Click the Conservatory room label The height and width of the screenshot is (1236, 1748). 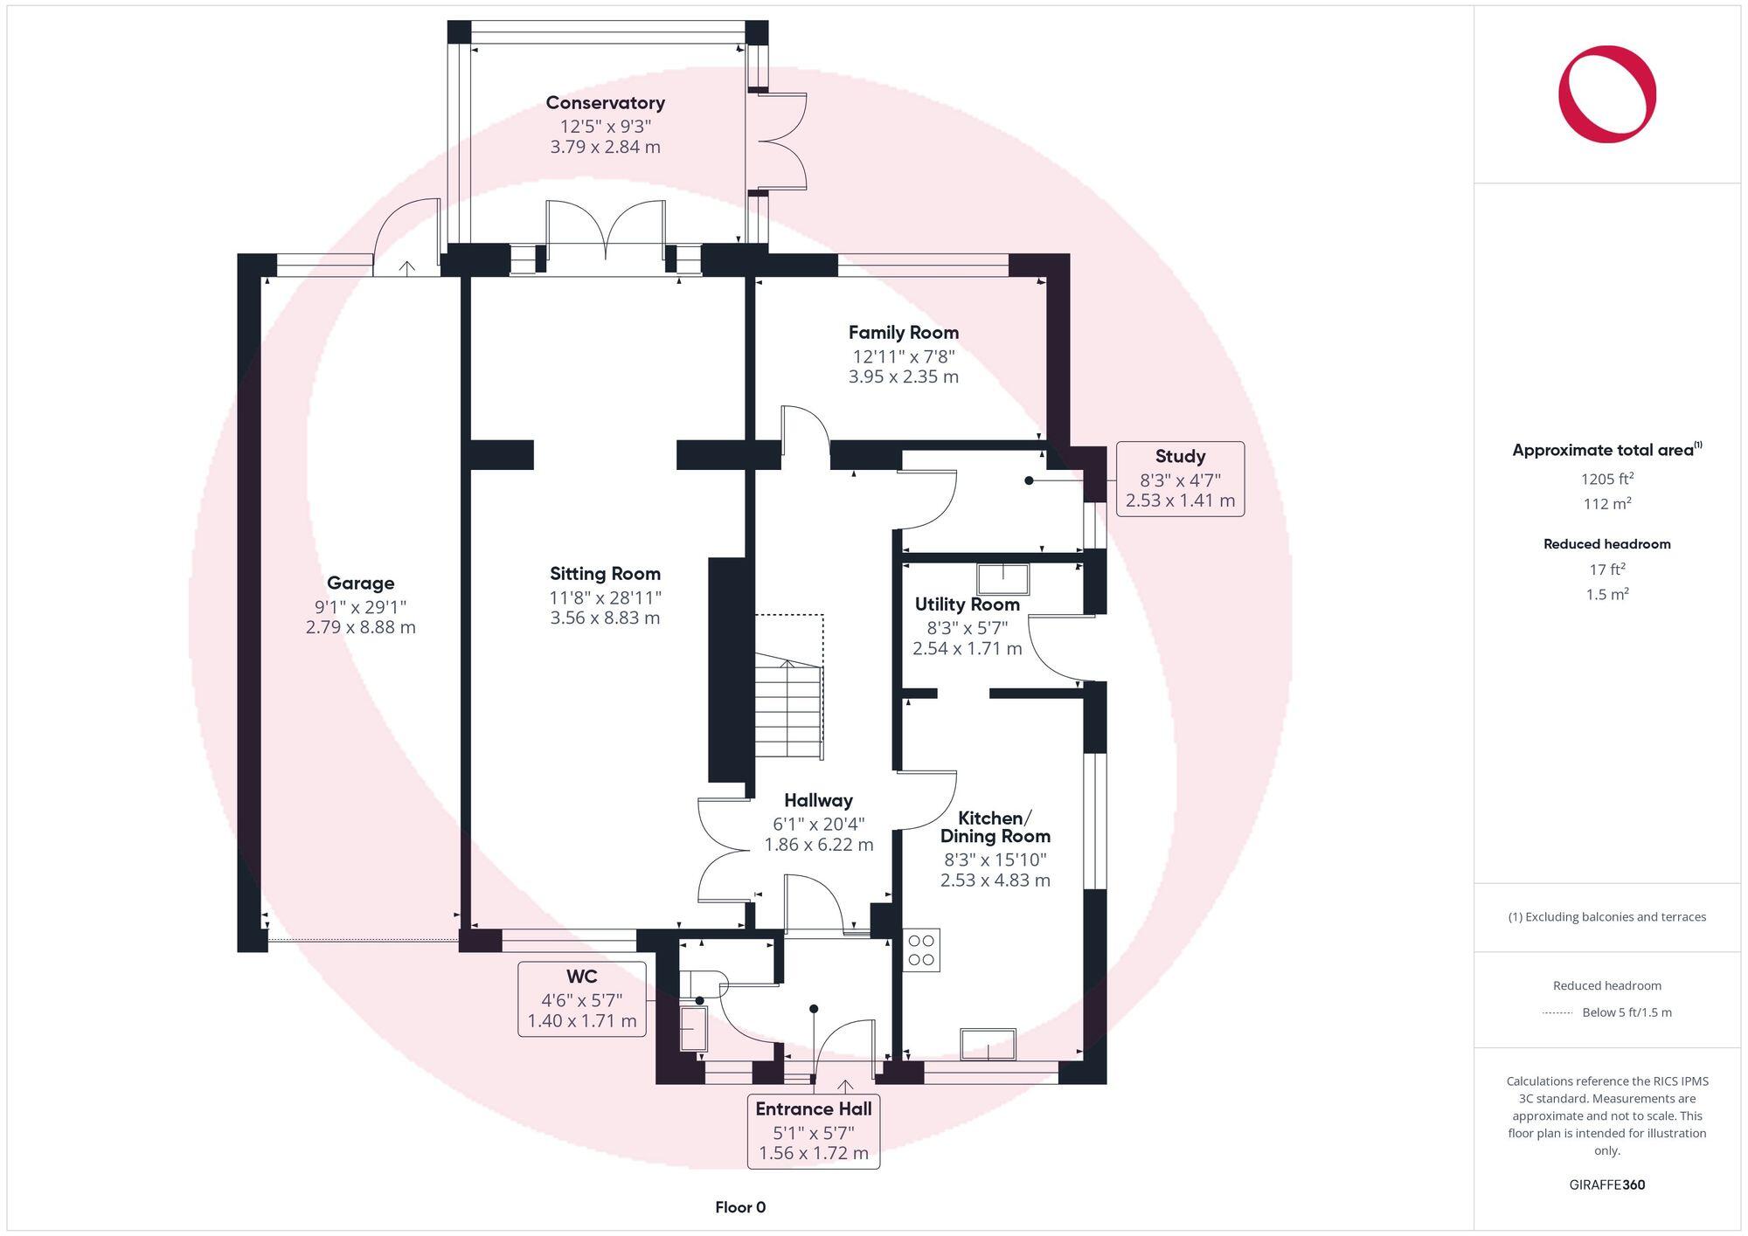click(x=605, y=103)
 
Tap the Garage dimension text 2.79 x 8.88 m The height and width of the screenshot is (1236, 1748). click(x=360, y=627)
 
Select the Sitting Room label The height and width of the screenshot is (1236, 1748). click(x=605, y=574)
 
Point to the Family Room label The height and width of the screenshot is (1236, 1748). click(x=903, y=333)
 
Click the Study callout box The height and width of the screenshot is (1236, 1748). click(x=1180, y=479)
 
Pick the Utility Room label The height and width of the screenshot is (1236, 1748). click(x=967, y=604)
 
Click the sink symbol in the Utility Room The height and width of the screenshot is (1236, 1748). click(x=1002, y=579)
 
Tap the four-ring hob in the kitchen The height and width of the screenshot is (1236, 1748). click(x=921, y=949)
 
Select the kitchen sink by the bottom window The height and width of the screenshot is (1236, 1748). click(x=988, y=1044)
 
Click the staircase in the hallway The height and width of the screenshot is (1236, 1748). click(x=788, y=709)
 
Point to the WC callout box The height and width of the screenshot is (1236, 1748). click(x=582, y=998)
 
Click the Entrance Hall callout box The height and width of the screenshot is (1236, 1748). click(x=813, y=1131)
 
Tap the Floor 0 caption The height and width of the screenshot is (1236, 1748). click(x=740, y=1207)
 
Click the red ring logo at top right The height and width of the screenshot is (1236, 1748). click(x=1606, y=94)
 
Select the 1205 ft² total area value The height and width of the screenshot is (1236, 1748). click(x=1606, y=479)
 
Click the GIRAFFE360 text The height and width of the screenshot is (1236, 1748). click(x=1606, y=1184)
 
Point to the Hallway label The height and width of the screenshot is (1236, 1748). click(x=818, y=800)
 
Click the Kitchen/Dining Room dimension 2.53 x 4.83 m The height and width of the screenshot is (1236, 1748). click(x=995, y=880)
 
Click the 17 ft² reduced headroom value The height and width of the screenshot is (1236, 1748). click(x=1606, y=570)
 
